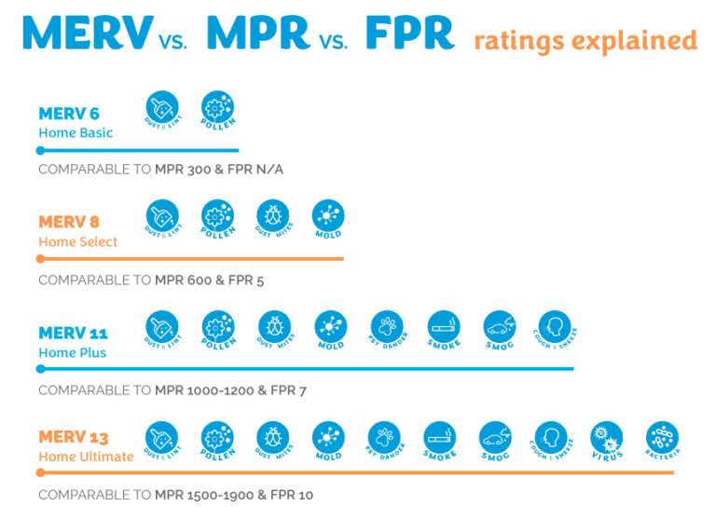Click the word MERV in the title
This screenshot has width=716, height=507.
pyautogui.click(x=87, y=33)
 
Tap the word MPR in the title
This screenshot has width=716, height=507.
pyautogui.click(x=258, y=33)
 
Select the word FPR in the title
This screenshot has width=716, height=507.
pyautogui.click(x=409, y=33)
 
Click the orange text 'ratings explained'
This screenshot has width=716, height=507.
pyautogui.click(x=585, y=41)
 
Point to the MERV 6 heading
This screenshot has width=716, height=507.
pyautogui.click(x=69, y=114)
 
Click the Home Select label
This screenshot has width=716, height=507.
pyautogui.click(x=78, y=241)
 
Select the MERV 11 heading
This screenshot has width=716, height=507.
pyautogui.click(x=72, y=333)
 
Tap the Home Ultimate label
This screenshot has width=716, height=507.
pyautogui.click(x=86, y=457)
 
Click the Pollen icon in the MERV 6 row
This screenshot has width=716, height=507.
pyautogui.click(x=217, y=106)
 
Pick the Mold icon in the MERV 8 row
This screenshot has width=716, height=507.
pyautogui.click(x=328, y=215)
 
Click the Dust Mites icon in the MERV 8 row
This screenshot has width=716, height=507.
pyautogui.click(x=273, y=215)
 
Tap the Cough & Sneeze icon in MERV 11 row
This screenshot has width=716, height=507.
pyautogui.click(x=554, y=325)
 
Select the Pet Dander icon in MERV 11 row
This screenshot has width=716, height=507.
pyautogui.click(x=386, y=325)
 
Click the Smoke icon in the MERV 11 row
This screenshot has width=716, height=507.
pyautogui.click(x=443, y=325)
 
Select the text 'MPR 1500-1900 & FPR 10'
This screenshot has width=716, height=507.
pyautogui.click(x=234, y=495)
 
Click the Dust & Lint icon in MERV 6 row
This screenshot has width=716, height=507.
pyautogui.click(x=162, y=106)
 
